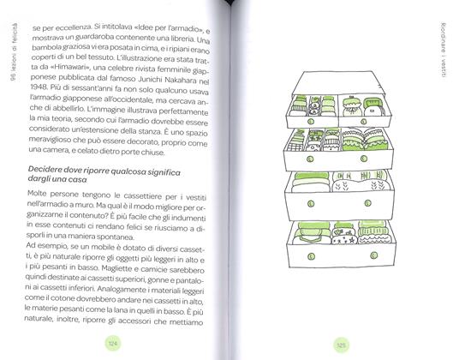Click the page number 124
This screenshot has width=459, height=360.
113,344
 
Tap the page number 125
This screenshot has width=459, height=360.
342,345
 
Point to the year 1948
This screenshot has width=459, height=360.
39,87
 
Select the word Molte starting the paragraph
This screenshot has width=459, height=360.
38,194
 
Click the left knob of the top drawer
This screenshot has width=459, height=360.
311,121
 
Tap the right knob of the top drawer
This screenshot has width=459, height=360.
364,121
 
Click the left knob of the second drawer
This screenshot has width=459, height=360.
310,159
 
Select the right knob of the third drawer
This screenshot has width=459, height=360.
368,202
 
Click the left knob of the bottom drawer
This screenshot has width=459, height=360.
311,256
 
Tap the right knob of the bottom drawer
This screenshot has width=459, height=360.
374,255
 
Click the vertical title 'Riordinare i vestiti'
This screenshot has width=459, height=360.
444,50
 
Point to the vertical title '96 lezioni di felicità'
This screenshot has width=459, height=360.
15,51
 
